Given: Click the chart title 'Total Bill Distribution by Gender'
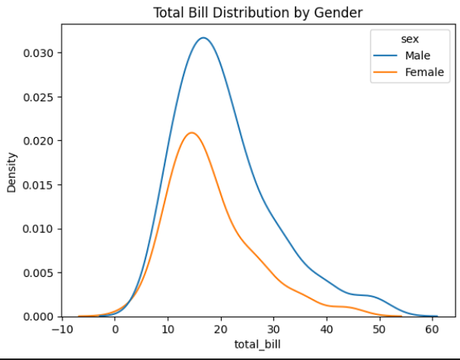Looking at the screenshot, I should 257,12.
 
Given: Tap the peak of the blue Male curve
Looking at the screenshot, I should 203,38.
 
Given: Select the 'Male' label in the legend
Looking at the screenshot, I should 418,56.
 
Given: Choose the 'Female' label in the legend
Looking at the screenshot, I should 423,72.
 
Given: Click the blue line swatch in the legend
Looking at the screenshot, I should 384,56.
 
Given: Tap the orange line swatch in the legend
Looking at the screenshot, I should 384,72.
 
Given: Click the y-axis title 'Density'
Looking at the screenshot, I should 12,175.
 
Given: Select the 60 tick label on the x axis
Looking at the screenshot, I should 432,330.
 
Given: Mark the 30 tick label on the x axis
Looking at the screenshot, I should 273,330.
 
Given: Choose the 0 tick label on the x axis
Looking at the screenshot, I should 115,330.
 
